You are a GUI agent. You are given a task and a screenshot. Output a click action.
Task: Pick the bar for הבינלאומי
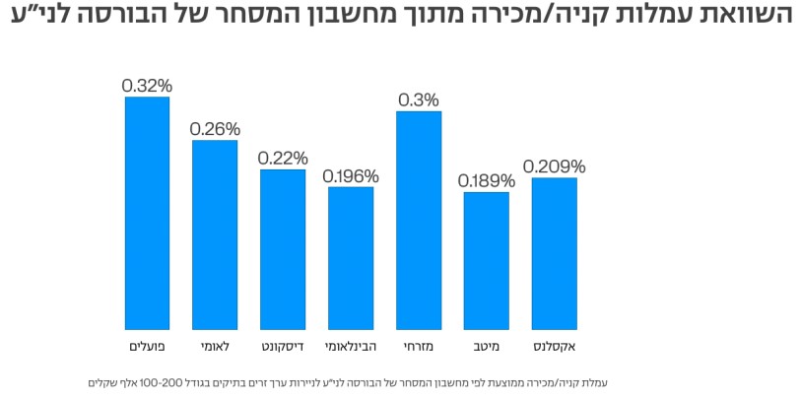[351, 257]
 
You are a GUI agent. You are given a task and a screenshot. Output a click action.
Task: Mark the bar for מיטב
[487, 260]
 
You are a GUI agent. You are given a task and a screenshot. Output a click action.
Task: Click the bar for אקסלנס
[554, 253]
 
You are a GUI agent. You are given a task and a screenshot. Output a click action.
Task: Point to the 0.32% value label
[147, 86]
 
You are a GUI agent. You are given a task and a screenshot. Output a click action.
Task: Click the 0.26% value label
[215, 129]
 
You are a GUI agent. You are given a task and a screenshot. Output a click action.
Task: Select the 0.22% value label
[283, 159]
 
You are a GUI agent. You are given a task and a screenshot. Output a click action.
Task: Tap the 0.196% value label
[351, 176]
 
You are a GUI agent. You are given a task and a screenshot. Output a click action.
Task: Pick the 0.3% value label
[419, 100]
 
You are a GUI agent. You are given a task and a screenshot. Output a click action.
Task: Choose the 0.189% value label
[487, 181]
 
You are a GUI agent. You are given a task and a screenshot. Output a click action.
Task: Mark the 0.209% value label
[554, 167]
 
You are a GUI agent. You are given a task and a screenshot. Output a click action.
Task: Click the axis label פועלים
[147, 346]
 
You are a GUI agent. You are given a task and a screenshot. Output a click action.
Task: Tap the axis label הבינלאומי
[351, 346]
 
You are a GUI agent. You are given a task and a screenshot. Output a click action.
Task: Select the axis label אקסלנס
[554, 346]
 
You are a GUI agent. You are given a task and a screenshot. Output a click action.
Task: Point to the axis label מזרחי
[419, 346]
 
